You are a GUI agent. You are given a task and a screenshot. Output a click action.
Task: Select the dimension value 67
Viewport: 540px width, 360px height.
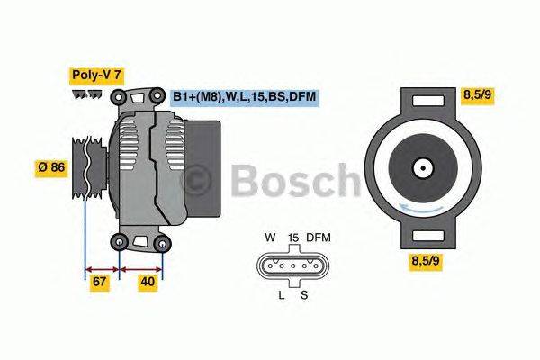point(100,283)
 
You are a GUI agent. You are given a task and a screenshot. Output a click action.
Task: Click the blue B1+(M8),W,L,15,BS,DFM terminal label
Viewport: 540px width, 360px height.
point(244,96)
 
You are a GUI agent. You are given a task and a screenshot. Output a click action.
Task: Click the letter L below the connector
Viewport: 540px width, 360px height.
point(281,294)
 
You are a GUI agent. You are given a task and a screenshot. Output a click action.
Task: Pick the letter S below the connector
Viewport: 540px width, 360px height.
point(304,294)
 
